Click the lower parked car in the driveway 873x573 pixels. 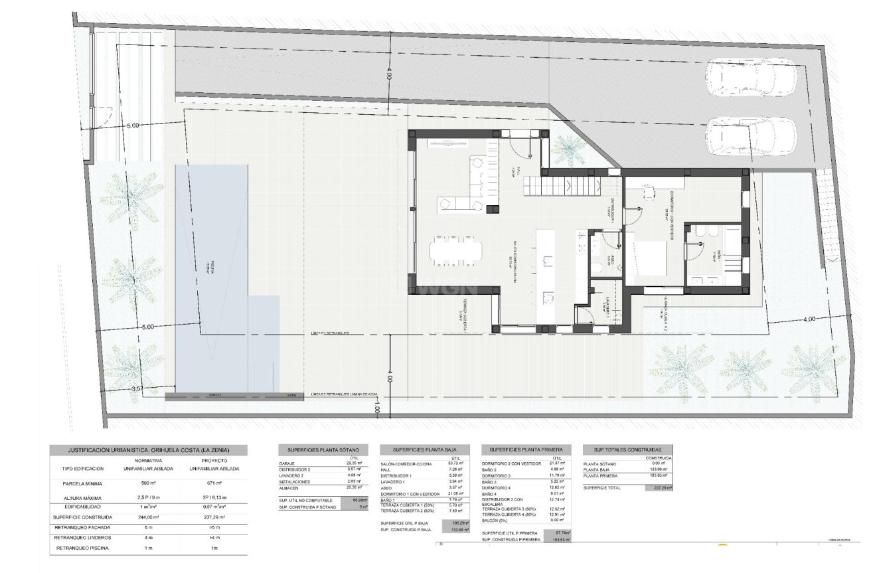751,136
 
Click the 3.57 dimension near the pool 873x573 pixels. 137,388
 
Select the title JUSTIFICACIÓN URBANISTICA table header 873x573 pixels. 148,450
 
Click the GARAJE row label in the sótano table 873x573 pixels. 288,463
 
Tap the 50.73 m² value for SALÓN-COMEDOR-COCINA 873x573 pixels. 456,463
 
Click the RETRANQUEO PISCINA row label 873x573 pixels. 83,548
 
